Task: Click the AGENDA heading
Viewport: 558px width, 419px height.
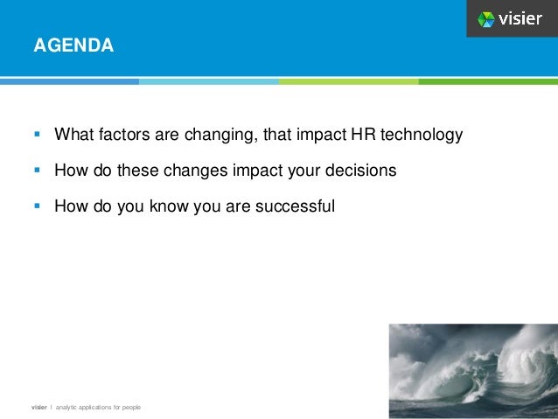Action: point(73,44)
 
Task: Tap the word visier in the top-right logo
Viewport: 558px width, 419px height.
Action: point(521,18)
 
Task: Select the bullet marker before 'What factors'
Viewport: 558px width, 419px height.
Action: point(37,136)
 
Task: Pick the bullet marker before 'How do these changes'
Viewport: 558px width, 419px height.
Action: point(37,171)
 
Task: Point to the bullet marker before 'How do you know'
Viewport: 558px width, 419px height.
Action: point(37,207)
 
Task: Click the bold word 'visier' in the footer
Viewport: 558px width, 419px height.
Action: point(39,408)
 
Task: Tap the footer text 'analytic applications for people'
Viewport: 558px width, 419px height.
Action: point(98,408)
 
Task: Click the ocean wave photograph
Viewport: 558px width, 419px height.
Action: point(473,367)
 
